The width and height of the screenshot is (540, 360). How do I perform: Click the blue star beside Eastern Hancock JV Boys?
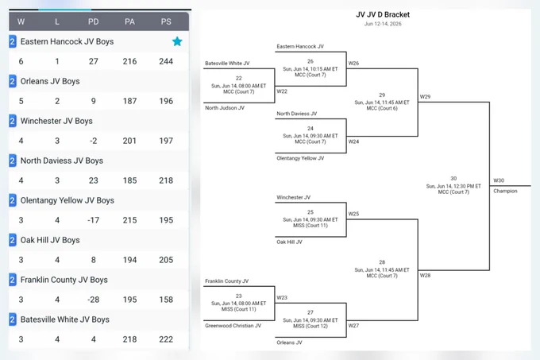pyautogui.click(x=177, y=41)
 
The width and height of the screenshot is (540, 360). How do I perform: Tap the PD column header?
pyautogui.click(x=94, y=21)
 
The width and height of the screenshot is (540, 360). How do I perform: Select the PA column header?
pyautogui.click(x=129, y=21)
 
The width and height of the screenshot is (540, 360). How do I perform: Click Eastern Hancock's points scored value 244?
pyautogui.click(x=166, y=61)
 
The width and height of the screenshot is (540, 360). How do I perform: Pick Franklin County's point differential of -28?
pyautogui.click(x=94, y=300)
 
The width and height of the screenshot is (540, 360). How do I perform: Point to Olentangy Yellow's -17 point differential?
pyautogui.click(x=94, y=220)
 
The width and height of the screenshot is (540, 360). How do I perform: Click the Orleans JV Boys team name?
pyautogui.click(x=50, y=81)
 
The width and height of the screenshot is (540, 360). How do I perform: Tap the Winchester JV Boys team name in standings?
pyautogui.click(x=56, y=121)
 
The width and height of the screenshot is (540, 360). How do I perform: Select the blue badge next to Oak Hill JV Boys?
pyautogui.click(x=13, y=240)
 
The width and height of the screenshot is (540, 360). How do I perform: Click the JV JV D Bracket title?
pyautogui.click(x=383, y=14)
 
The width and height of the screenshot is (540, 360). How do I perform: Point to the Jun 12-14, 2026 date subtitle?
pyautogui.click(x=383, y=24)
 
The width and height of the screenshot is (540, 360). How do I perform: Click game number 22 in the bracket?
pyautogui.click(x=239, y=78)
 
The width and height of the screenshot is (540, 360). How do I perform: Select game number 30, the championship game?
pyautogui.click(x=453, y=179)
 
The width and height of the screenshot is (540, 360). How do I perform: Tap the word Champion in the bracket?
pyautogui.click(x=505, y=191)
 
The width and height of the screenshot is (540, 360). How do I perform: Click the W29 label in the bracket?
pyautogui.click(x=425, y=96)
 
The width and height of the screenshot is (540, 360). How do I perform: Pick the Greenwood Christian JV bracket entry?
pyautogui.click(x=233, y=326)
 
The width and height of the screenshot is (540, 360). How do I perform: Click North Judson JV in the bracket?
pyautogui.click(x=225, y=108)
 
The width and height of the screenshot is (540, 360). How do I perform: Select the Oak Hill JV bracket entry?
pyautogui.click(x=289, y=242)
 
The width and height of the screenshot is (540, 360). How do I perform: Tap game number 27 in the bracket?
pyautogui.click(x=310, y=312)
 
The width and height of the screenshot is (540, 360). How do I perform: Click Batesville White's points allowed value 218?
pyautogui.click(x=129, y=339)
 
